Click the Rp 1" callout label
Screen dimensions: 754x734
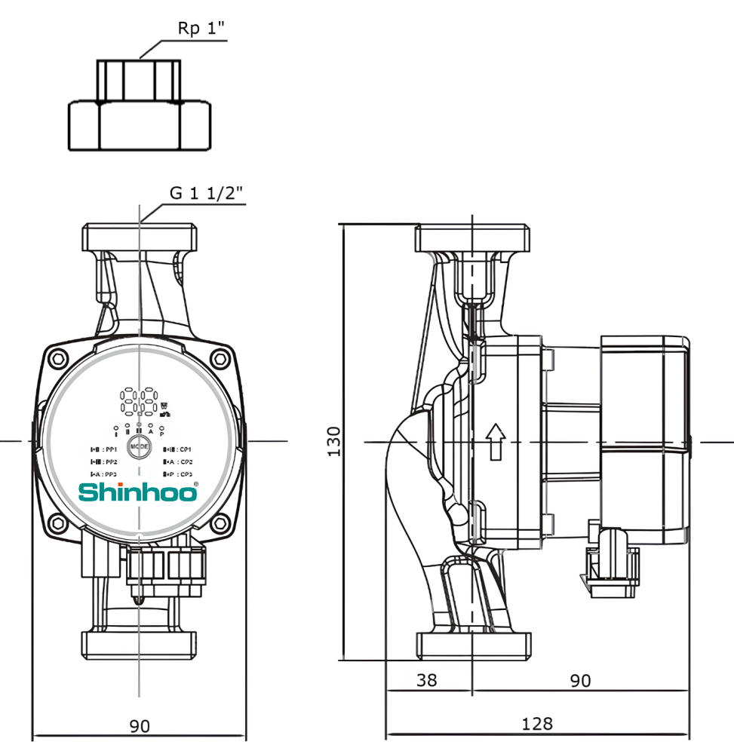point(201,29)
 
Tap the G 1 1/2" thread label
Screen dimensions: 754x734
point(206,193)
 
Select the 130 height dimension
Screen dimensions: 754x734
point(333,440)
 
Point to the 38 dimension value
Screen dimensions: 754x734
point(427,680)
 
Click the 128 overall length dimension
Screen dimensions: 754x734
point(537,724)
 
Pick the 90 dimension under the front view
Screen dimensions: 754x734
point(140,726)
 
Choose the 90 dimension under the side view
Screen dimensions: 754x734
point(579,680)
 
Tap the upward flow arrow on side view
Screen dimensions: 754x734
point(495,441)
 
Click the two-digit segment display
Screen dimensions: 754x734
point(137,401)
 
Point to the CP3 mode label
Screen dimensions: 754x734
point(178,474)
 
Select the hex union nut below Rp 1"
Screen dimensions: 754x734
point(140,126)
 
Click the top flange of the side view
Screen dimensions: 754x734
point(472,238)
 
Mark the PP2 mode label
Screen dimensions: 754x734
point(104,461)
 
